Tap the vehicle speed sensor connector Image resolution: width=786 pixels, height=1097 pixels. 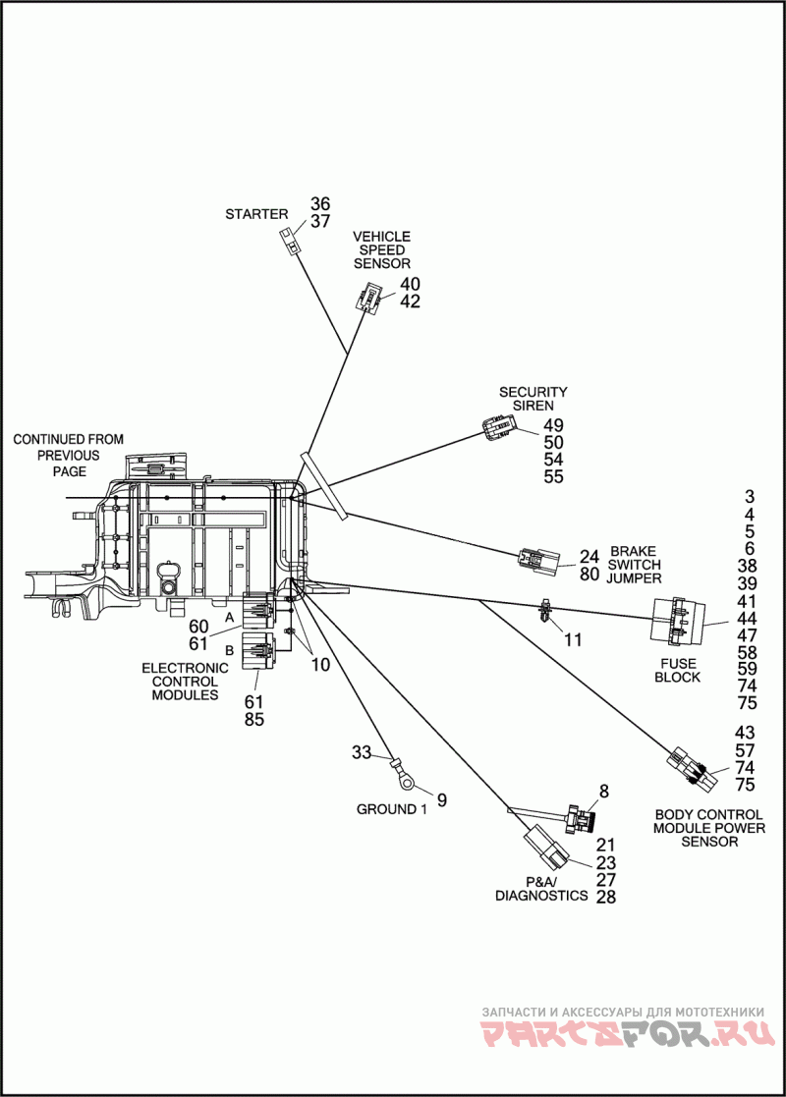(367, 298)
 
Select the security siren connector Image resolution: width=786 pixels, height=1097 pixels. (499, 428)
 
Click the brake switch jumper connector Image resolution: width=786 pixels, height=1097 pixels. (539, 561)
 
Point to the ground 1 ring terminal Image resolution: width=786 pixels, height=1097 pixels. (404, 772)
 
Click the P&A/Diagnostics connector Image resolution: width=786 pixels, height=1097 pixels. (546, 846)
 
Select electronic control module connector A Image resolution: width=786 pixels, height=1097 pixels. (256, 611)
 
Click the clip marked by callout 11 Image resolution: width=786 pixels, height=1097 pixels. (544, 612)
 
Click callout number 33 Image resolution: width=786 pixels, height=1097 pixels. (362, 753)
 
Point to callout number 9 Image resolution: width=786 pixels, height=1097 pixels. (442, 799)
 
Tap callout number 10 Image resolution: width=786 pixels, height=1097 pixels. (320, 664)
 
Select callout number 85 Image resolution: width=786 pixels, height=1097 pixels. (254, 719)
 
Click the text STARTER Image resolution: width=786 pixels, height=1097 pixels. (256, 214)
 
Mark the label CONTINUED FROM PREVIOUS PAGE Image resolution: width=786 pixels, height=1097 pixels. (69, 455)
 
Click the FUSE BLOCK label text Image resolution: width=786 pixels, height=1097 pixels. (678, 670)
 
